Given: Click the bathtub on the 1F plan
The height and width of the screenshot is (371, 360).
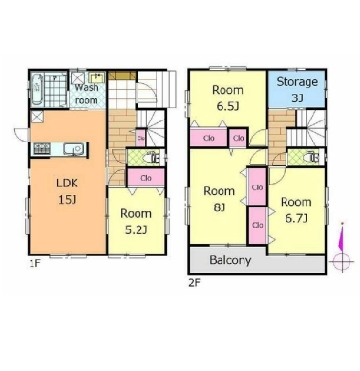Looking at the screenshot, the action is (x=37, y=90).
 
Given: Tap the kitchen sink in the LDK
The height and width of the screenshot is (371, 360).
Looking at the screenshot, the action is (x=74, y=149).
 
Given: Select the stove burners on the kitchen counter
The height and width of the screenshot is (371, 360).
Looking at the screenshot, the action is (x=42, y=149).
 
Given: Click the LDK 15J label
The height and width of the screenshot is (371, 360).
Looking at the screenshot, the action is (x=67, y=191).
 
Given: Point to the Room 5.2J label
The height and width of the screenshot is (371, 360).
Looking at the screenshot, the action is (x=136, y=222).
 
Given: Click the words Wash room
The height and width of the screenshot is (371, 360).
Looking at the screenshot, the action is (x=87, y=94).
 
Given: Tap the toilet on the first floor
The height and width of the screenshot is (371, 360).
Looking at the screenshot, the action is (x=152, y=158).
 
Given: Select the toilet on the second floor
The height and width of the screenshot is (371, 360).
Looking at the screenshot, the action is (x=311, y=158).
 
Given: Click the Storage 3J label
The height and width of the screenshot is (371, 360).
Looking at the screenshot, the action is (x=297, y=90).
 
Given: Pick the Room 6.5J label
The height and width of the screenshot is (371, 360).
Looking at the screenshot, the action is (x=227, y=98).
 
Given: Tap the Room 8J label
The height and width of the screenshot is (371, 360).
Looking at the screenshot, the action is (x=219, y=199).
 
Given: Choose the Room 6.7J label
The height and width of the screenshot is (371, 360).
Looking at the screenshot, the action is (x=296, y=209).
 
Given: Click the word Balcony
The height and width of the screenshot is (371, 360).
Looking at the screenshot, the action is (x=230, y=260).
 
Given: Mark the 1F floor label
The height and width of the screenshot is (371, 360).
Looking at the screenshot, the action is (x=35, y=263).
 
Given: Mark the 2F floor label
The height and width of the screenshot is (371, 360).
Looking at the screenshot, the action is (x=194, y=283).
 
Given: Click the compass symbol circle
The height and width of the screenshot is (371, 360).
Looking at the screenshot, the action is (x=342, y=262).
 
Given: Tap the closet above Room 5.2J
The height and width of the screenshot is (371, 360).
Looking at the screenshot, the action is (x=146, y=178).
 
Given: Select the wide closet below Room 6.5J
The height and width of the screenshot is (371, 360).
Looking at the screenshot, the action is (x=209, y=138).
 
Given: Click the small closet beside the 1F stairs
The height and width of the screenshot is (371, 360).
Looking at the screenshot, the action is (x=141, y=138).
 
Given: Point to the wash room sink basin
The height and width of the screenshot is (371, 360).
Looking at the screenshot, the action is (x=96, y=77).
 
